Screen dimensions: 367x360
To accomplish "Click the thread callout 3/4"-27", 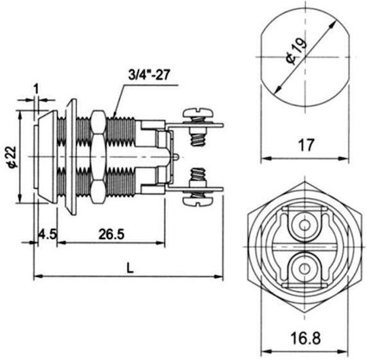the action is pyautogui.click(x=149, y=75).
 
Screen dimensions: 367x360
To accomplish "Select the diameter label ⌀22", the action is pyautogui.click(x=12, y=157).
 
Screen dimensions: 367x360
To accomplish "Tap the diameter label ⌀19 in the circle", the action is pyautogui.click(x=296, y=50).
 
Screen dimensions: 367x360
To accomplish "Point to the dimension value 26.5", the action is pyautogui.click(x=111, y=234).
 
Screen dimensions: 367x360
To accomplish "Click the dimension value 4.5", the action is pyautogui.click(x=48, y=234).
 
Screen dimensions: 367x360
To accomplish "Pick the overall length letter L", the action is pyautogui.click(x=130, y=268).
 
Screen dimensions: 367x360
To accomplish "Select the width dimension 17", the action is pyautogui.click(x=306, y=145).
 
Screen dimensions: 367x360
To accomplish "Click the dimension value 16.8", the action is pyautogui.click(x=305, y=338).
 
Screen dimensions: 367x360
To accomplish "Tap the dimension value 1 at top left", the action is pyautogui.click(x=36, y=89).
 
